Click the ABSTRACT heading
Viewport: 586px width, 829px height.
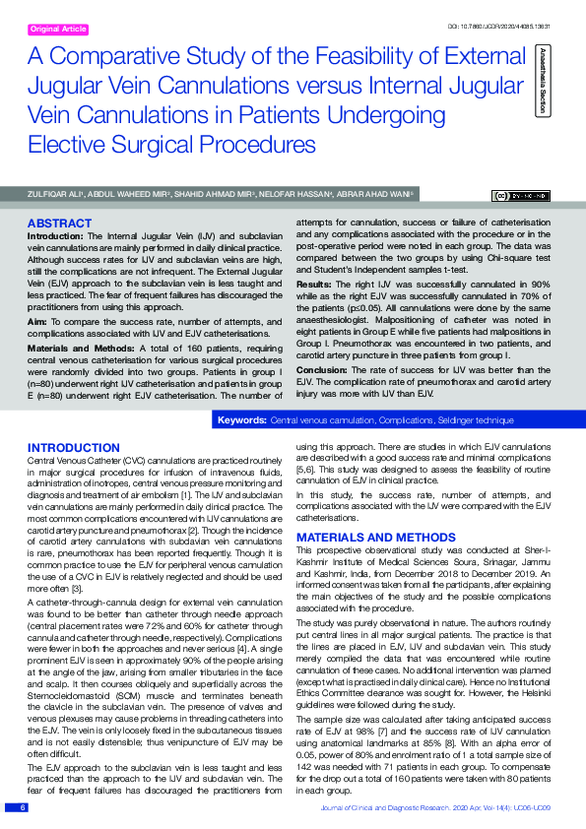point(60,223)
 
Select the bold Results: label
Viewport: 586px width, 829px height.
point(314,283)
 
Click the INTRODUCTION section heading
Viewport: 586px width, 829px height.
point(75,448)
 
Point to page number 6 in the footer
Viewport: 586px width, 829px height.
point(22,807)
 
